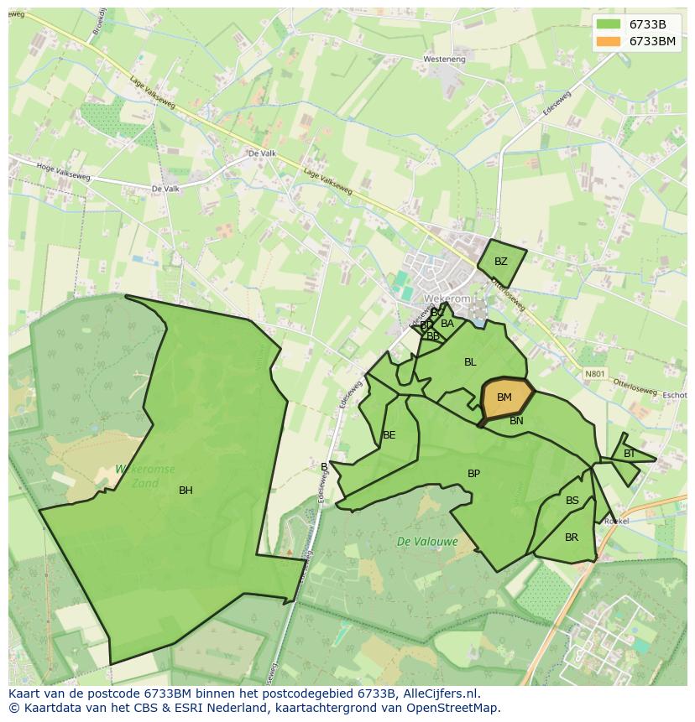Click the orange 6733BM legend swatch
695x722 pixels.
tap(609, 41)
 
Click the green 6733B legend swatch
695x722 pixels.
tap(609, 24)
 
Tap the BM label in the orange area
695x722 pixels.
tap(504, 397)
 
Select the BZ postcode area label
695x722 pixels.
tap(501, 262)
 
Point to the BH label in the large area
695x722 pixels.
tap(186, 491)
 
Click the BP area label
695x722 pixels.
tap(473, 474)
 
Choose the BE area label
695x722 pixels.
tap(389, 435)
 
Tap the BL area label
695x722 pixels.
tap(470, 362)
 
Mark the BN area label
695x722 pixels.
tap(516, 421)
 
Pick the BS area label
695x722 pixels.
tap(572, 501)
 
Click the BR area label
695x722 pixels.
tap(572, 538)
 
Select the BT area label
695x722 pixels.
tap(629, 454)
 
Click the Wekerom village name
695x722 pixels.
tap(445, 299)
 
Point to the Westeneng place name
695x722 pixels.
tap(445, 60)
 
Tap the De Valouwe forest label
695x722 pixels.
tap(427, 542)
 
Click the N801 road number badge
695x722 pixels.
tap(594, 373)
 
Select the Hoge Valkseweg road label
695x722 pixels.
tap(65, 171)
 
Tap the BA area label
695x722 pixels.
tap(447, 324)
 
